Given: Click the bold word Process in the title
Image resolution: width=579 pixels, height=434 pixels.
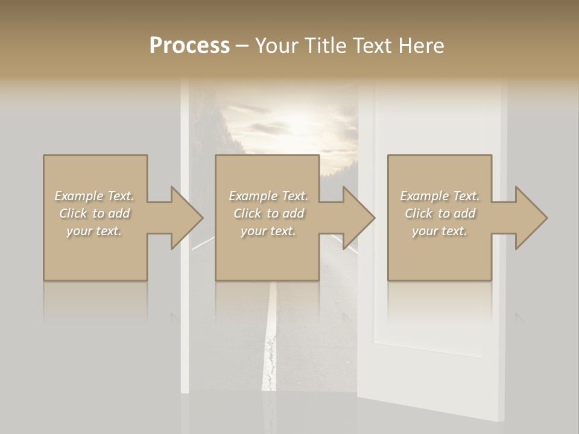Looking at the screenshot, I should pos(189,46).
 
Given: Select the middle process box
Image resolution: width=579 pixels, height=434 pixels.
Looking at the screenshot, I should pos(267,253).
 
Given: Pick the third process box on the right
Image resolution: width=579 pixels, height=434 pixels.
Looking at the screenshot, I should pos(439,253).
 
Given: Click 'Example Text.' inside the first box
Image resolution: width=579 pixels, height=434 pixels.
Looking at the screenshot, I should pos(94,196).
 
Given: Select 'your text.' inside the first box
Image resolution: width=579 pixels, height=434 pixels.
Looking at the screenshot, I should pos(94,231).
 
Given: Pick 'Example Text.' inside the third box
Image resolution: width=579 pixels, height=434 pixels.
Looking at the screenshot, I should pos(440,196).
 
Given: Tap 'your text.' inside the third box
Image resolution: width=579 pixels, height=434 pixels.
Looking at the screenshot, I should pos(440,231).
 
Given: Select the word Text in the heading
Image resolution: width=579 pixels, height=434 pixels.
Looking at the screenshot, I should pos(372,46).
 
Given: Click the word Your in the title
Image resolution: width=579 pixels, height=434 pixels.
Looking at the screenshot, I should pos(274,46).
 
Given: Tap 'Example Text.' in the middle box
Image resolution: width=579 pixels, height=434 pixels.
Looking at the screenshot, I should pos(268,196).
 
